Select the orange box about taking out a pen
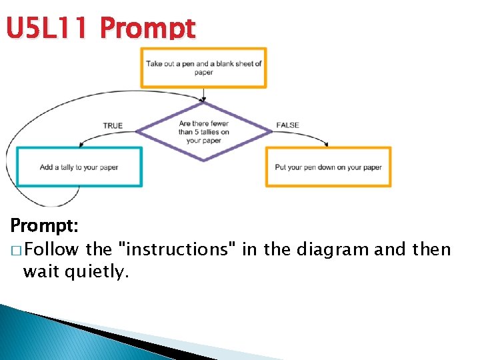point(203,68)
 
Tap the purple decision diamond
point(203,131)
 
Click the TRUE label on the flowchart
point(113,125)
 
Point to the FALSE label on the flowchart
point(287,125)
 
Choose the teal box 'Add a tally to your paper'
point(79,167)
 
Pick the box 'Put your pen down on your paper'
point(328,167)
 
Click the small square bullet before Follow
point(15,251)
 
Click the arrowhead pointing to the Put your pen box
point(327,143)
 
